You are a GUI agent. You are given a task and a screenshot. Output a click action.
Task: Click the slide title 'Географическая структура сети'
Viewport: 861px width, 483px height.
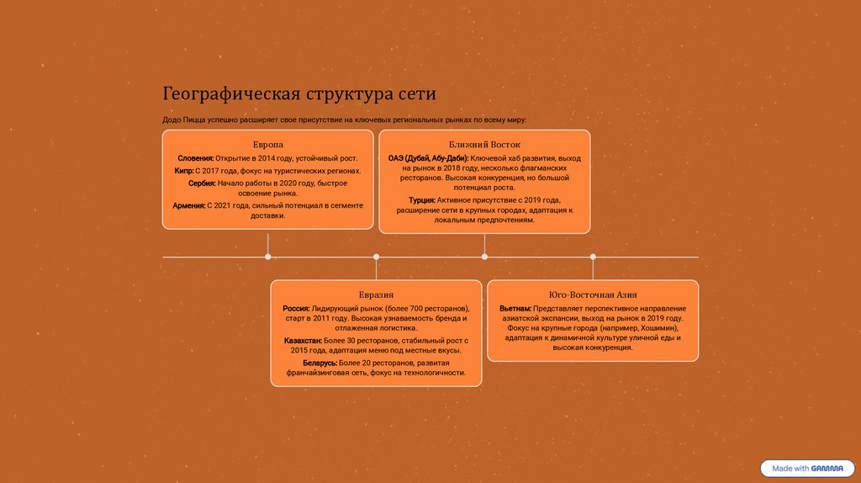(299, 93)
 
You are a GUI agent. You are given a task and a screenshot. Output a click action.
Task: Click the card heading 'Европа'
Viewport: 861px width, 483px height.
(268, 145)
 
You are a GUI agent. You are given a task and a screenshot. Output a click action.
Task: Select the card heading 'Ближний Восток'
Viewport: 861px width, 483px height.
(484, 145)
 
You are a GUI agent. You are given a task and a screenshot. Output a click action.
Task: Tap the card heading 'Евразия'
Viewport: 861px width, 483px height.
(376, 295)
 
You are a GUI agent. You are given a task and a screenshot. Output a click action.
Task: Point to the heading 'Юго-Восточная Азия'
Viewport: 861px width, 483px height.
(593, 295)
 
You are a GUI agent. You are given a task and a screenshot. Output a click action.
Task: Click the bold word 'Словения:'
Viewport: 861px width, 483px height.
(196, 158)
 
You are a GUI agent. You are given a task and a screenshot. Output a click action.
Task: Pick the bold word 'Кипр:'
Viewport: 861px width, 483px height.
(184, 170)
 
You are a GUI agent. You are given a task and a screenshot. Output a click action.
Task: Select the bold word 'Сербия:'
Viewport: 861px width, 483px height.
(202, 183)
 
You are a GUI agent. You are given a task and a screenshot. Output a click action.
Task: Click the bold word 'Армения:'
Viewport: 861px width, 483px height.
(188, 205)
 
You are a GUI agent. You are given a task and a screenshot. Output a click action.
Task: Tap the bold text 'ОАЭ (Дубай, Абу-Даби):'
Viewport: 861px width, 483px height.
(428, 158)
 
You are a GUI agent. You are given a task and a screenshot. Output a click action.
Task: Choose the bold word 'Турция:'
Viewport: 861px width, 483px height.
(422, 200)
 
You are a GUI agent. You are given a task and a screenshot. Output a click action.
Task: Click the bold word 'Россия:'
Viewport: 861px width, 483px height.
(296, 309)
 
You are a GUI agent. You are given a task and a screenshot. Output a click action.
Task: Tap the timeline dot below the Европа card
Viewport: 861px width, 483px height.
(268, 257)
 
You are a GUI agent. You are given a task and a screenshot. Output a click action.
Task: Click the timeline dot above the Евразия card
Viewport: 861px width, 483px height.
(376, 257)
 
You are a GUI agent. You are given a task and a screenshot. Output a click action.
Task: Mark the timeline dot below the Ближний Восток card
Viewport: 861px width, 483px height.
(484, 257)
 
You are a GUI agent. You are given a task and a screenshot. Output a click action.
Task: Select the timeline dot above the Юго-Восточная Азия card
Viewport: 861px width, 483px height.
(593, 257)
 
